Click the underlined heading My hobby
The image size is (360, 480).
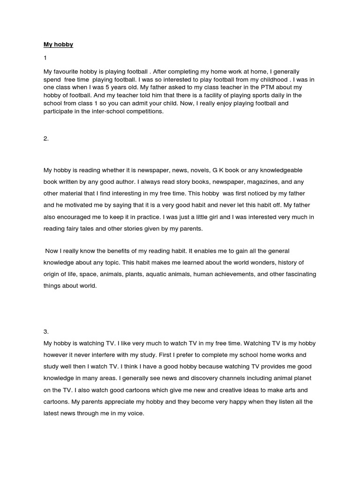click(59, 45)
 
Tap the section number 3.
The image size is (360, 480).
click(46, 330)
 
